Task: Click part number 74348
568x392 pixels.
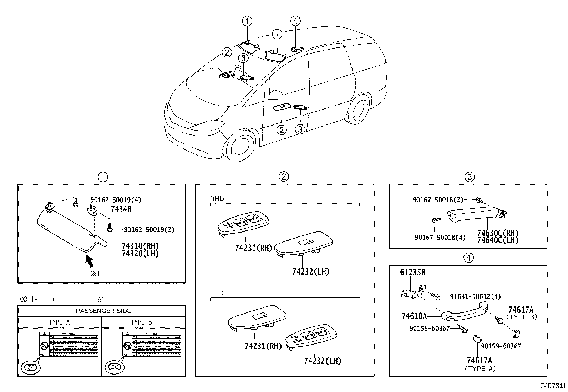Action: pyautogui.click(x=121, y=209)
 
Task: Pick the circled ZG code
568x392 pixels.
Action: pyautogui.click(x=113, y=367)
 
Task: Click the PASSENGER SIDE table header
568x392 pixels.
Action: pyautogui.click(x=103, y=311)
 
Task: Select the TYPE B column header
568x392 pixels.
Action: pyautogui.click(x=141, y=322)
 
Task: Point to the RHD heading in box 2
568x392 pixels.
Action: pyautogui.click(x=217, y=199)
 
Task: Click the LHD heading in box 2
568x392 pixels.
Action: pyautogui.click(x=217, y=293)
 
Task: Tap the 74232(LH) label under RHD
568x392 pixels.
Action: pyautogui.click(x=310, y=272)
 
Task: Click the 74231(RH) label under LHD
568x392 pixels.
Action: pyautogui.click(x=263, y=346)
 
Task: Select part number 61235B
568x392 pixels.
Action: pyautogui.click(x=412, y=273)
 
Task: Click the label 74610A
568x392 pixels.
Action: pyautogui.click(x=414, y=316)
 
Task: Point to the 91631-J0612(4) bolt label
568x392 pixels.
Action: pyautogui.click(x=475, y=296)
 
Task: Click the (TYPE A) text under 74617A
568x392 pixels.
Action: pyautogui.click(x=480, y=369)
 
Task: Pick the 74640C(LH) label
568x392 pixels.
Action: pyautogui.click(x=498, y=240)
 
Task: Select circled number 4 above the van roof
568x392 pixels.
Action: pyautogui.click(x=295, y=21)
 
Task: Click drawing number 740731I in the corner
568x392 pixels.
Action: pyautogui.click(x=552, y=386)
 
